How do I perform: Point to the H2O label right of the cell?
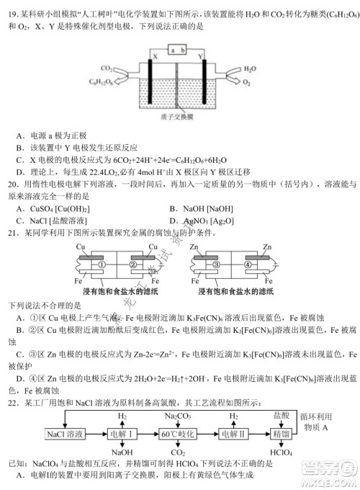(249, 70)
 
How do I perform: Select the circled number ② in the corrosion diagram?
(133, 264)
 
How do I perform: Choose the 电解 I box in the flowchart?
(118, 434)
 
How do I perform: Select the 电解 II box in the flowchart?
(233, 434)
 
